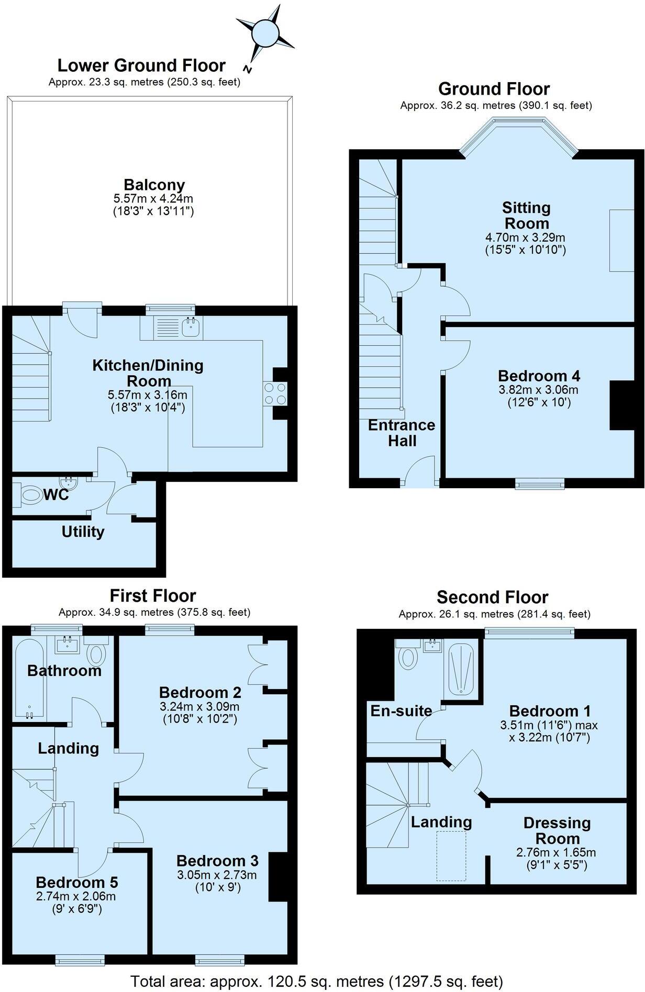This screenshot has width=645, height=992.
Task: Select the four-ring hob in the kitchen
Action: click(x=275, y=393)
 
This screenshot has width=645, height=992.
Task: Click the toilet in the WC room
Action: click(x=29, y=494)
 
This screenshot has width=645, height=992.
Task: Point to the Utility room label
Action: click(x=83, y=532)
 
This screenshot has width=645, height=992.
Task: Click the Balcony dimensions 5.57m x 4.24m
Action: click(x=153, y=199)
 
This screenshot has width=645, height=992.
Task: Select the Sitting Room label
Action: click(x=526, y=215)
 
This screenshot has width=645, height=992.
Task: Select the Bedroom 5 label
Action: click(x=77, y=882)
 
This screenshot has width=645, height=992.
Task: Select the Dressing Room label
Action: click(x=557, y=830)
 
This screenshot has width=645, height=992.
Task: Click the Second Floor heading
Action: click(x=492, y=597)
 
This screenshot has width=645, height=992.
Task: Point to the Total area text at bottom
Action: click(x=316, y=981)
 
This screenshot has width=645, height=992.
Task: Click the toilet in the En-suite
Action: click(x=407, y=658)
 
